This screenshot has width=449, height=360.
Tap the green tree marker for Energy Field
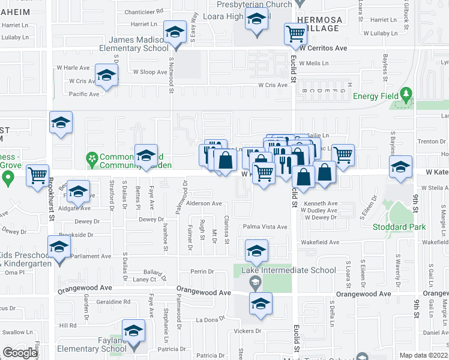pyautogui.click(x=406, y=94)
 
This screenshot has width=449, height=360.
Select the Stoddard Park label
pyautogui.click(x=399, y=227)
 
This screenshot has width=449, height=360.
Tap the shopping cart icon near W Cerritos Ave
pyautogui.click(x=295, y=34)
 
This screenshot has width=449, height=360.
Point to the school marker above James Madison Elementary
pyautogui.click(x=175, y=32)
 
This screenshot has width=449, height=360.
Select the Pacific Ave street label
pyautogui.click(x=84, y=94)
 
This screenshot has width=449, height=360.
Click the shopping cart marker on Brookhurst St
pyautogui.click(x=38, y=175)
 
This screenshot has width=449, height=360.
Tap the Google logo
pyautogui.click(x=20, y=353)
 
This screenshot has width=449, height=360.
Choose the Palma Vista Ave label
pyautogui.click(x=265, y=227)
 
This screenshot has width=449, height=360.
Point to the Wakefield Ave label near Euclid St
pyautogui.click(x=320, y=242)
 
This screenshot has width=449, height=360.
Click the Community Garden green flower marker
pyautogui.click(x=92, y=159)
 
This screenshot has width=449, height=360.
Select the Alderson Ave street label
pyautogui.click(x=204, y=203)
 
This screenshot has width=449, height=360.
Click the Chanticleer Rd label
pyautogui.click(x=143, y=11)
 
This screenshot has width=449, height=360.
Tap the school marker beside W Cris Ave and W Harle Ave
pyautogui.click(x=106, y=75)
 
